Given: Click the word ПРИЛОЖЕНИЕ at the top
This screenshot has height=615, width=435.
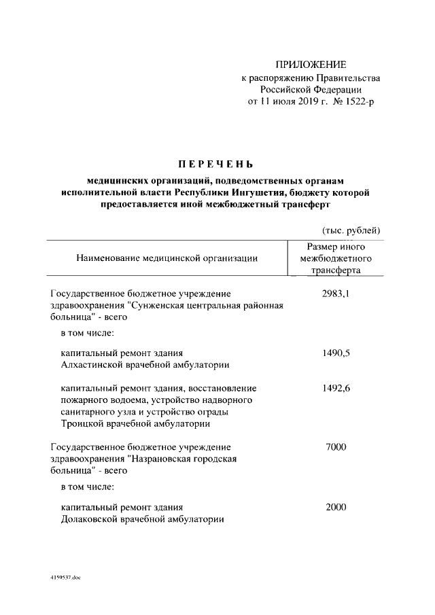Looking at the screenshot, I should [x=311, y=65].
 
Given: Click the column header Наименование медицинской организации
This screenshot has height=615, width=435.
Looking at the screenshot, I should [x=167, y=258].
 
